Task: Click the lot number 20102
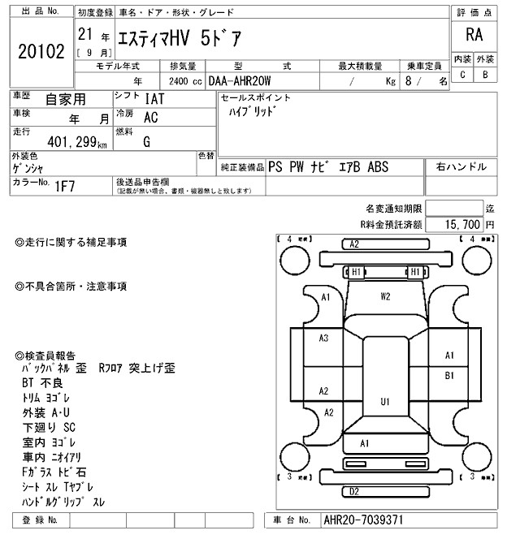click(40, 52)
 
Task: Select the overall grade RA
click(473, 35)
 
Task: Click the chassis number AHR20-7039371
click(362, 520)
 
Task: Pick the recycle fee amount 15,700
click(459, 223)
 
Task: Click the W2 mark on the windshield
click(386, 296)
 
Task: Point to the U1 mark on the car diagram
click(385, 400)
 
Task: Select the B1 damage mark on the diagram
click(449, 375)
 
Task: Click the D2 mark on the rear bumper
click(354, 491)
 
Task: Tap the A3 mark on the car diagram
click(323, 338)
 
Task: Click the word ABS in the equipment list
click(379, 167)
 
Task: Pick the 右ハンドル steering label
click(461, 166)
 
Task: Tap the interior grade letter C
click(462, 75)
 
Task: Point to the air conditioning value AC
click(150, 117)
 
